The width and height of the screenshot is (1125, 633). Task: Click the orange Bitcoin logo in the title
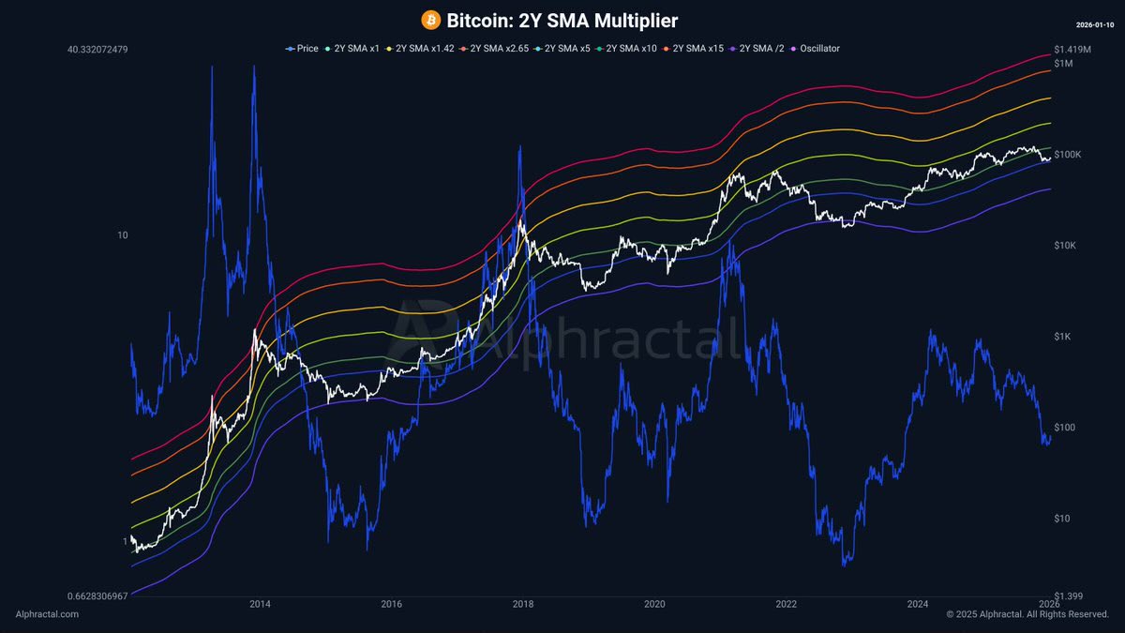(x=431, y=21)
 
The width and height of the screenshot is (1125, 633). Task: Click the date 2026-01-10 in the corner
(x=1095, y=23)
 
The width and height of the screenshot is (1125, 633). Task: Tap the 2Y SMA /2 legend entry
(x=763, y=48)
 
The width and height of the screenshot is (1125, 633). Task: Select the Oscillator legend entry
(x=817, y=48)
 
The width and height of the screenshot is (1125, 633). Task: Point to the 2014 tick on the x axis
(x=260, y=604)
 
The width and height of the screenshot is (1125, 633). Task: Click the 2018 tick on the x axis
(x=523, y=604)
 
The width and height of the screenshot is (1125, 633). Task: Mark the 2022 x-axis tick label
(x=787, y=604)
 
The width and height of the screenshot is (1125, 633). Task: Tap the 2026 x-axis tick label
(x=1049, y=604)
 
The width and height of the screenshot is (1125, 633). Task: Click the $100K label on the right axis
(x=1068, y=154)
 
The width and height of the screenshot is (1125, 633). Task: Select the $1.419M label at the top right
(x=1072, y=49)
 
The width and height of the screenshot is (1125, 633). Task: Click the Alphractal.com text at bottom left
(x=47, y=614)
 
